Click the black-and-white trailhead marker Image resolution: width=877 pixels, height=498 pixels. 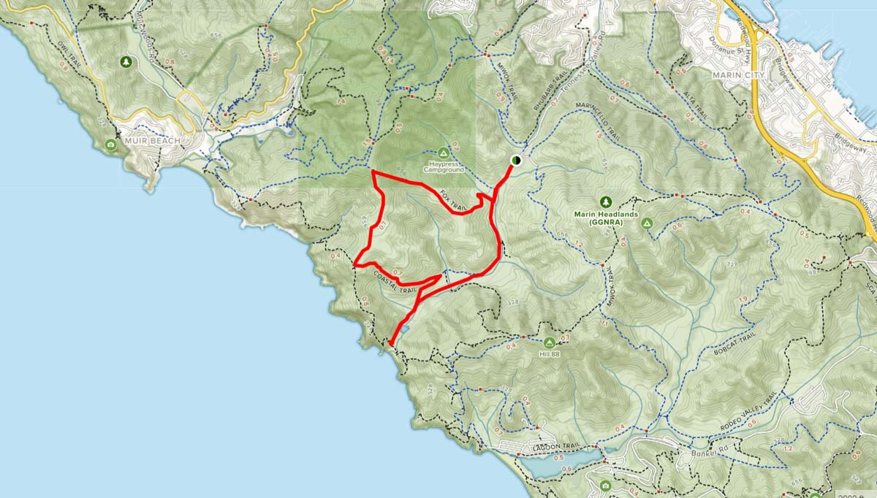pyautogui.click(x=516, y=160)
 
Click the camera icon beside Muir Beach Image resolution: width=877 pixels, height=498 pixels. pyautogui.click(x=111, y=145)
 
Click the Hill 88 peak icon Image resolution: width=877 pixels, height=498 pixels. pyautogui.click(x=550, y=342)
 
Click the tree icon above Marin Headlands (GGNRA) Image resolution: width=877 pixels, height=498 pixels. pyautogui.click(x=605, y=202)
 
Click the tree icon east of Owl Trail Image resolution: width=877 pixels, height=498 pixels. pyautogui.click(x=128, y=61)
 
